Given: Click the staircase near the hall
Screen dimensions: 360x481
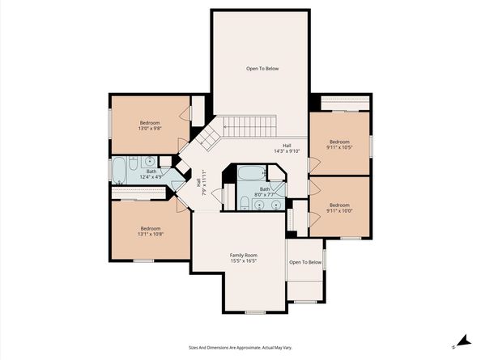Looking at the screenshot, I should [249, 126].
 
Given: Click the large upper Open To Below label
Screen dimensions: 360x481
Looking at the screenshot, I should [262, 70].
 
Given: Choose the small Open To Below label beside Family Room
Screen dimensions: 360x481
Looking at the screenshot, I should [305, 262].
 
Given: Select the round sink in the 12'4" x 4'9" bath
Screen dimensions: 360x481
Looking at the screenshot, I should [151, 162].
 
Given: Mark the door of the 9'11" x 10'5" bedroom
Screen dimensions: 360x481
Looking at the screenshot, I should [313, 164].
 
